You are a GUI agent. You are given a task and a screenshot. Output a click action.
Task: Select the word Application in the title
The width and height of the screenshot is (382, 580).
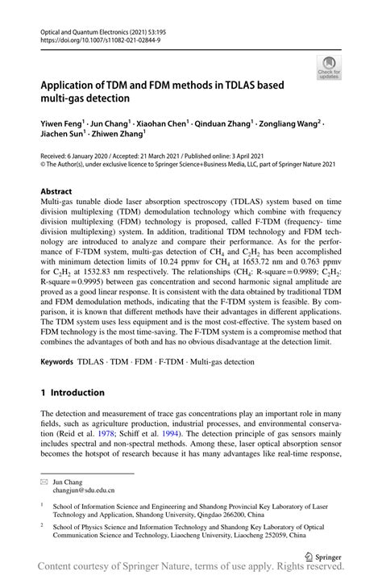pyautogui.click(x=78, y=83)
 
